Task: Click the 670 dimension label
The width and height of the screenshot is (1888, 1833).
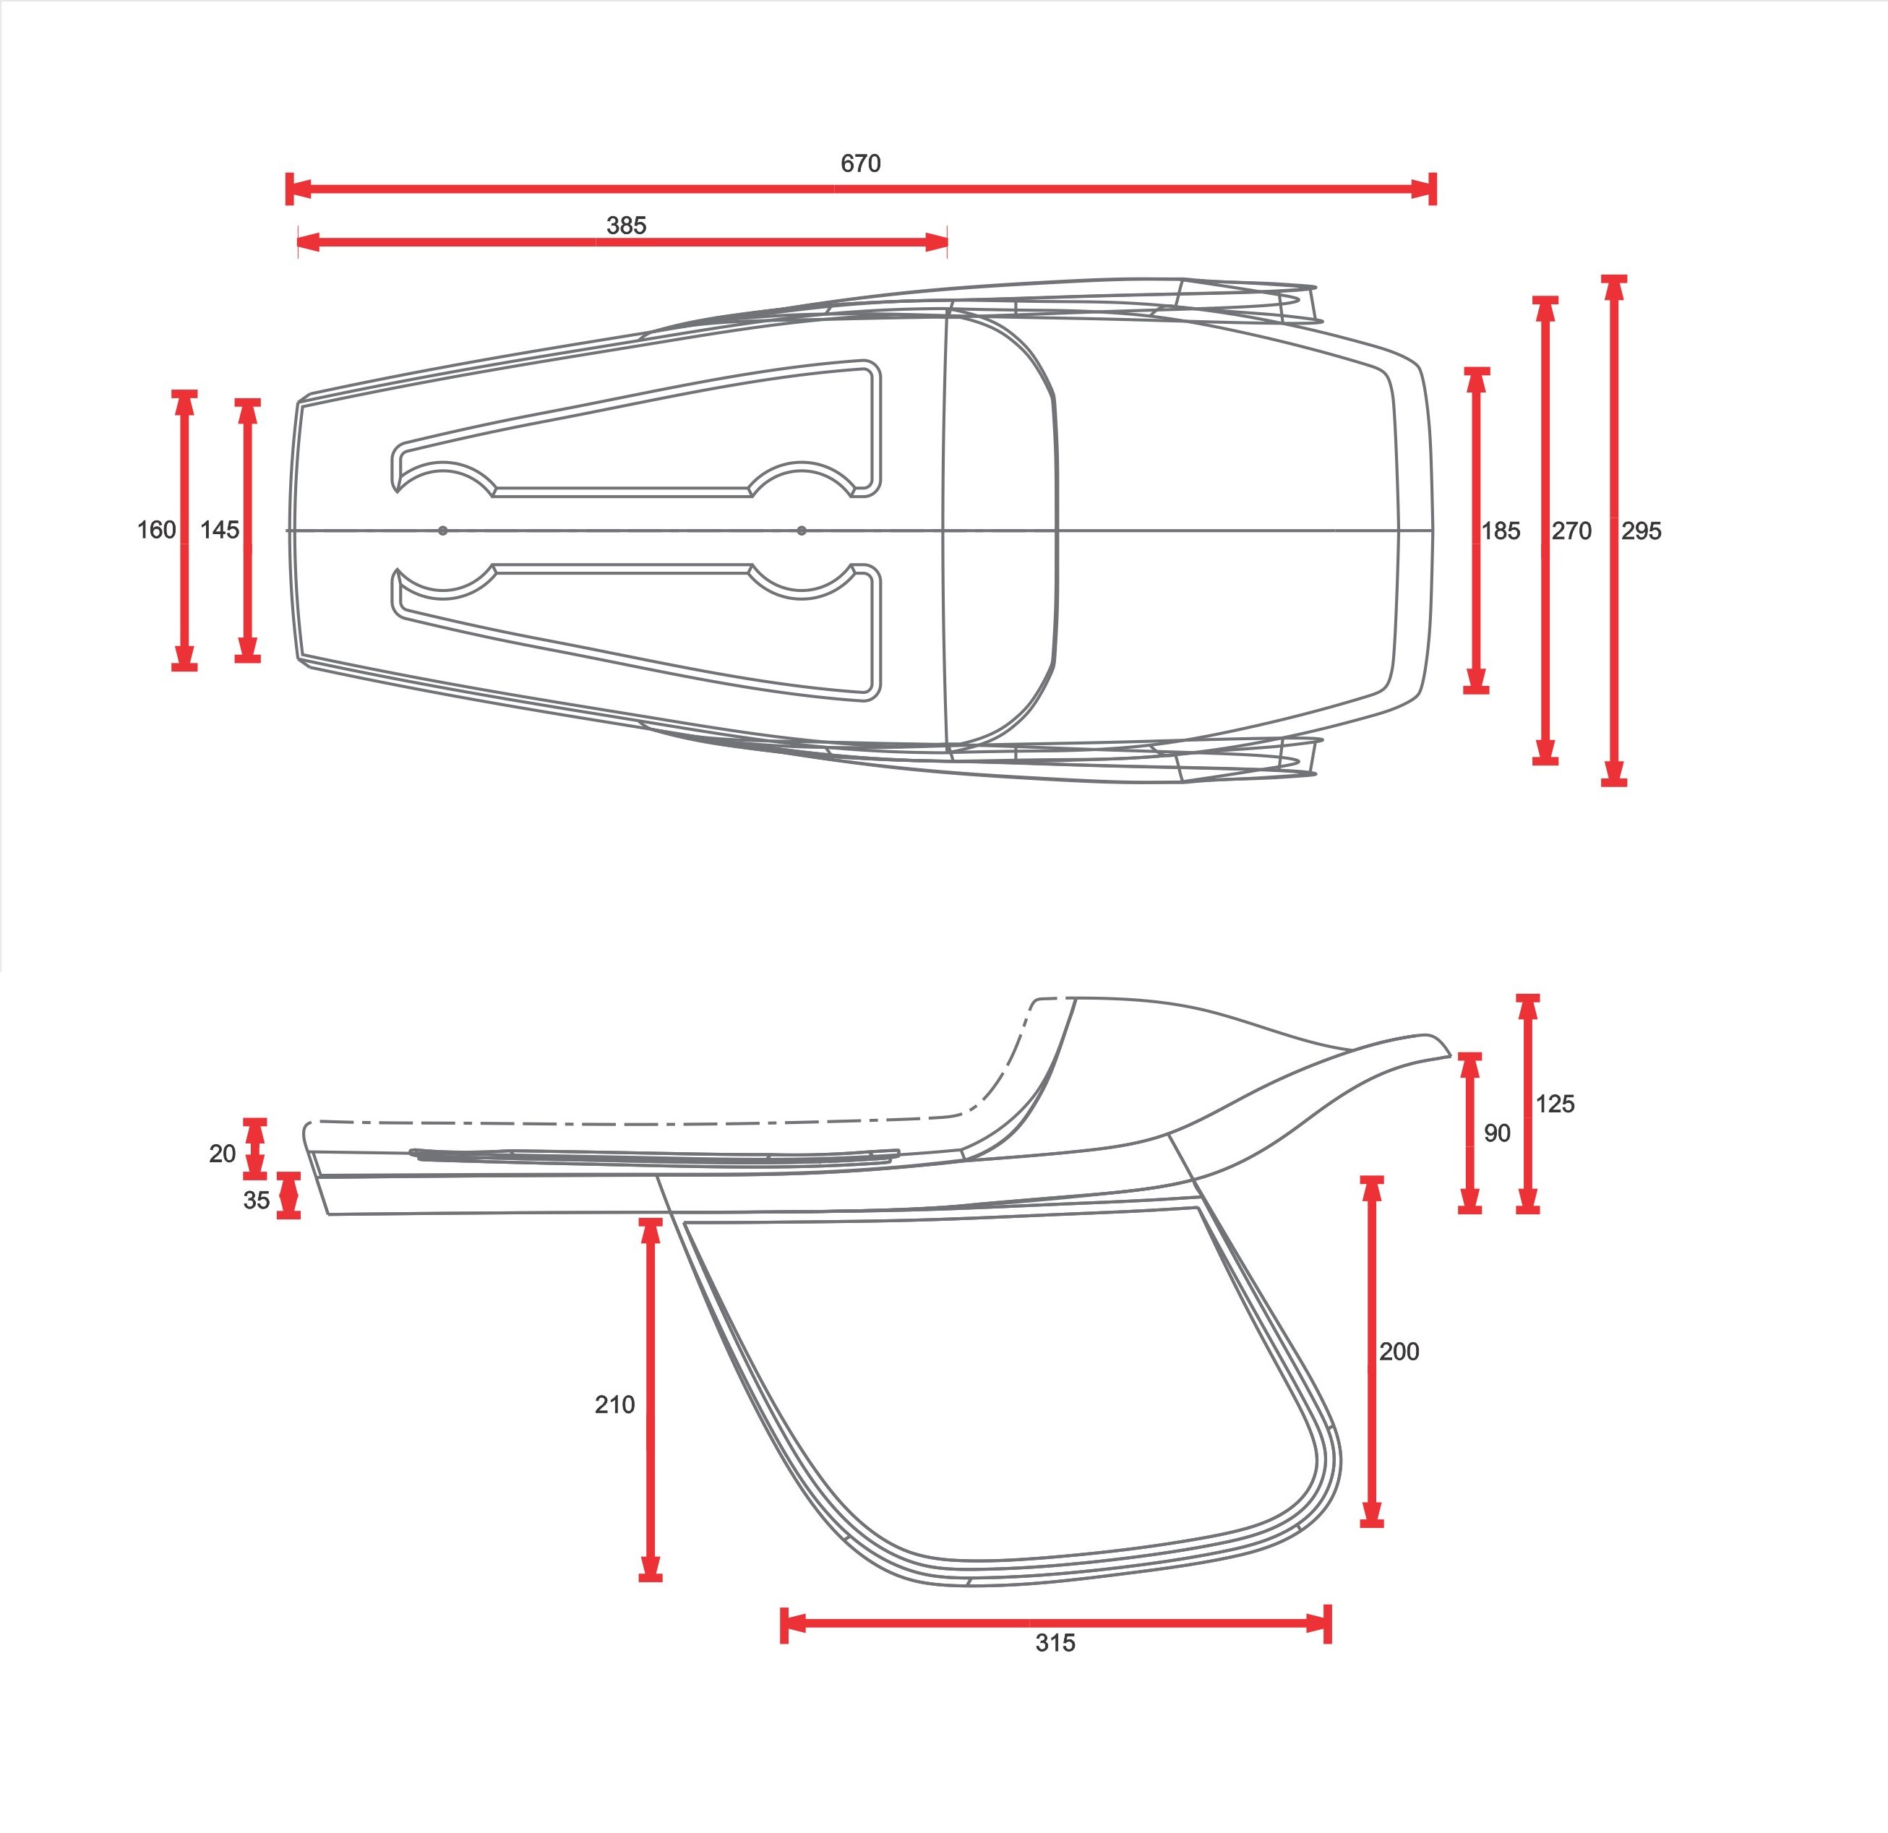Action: (860, 164)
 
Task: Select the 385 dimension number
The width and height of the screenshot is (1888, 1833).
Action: (626, 226)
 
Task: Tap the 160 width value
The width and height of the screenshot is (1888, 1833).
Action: (156, 530)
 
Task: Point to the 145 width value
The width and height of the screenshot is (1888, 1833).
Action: (220, 530)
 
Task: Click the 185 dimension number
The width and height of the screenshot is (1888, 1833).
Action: (1501, 531)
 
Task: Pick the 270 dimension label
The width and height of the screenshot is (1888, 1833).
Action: (1571, 531)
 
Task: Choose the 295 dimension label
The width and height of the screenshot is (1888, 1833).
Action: (1642, 531)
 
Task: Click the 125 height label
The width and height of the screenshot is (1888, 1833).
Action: (1555, 1104)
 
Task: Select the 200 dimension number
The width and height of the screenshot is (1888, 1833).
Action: (1399, 1352)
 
